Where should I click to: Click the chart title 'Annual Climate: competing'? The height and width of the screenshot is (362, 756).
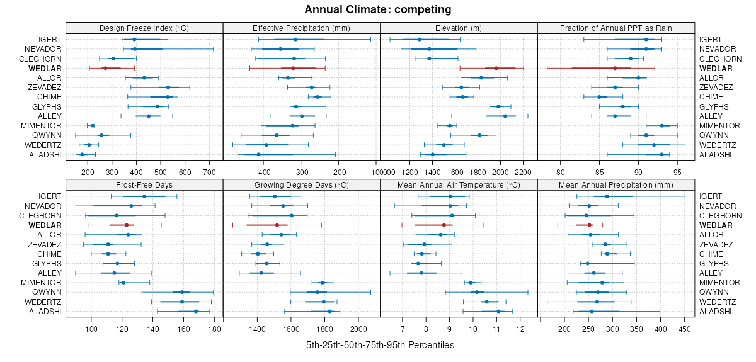[x=377, y=9]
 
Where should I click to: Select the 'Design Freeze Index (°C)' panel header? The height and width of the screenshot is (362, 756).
[x=144, y=28]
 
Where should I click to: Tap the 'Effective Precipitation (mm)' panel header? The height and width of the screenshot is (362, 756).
[x=301, y=28]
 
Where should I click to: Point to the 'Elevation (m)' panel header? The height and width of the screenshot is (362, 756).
[x=459, y=28]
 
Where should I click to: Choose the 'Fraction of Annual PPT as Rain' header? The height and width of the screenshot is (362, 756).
[x=616, y=28]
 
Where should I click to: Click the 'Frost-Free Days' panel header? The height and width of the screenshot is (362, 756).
[x=144, y=185]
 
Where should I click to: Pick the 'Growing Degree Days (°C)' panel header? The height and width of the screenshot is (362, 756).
[x=301, y=185]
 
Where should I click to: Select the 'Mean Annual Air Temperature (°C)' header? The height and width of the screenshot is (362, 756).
[x=459, y=185]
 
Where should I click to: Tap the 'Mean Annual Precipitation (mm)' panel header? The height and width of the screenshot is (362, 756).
[x=616, y=185]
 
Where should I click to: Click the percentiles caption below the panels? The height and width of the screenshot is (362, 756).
[x=380, y=346]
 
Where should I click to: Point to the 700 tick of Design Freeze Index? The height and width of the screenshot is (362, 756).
[x=209, y=171]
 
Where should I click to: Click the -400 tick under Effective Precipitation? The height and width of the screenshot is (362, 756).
[x=263, y=171]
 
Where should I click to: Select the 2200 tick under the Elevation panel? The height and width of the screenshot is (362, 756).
[x=524, y=171]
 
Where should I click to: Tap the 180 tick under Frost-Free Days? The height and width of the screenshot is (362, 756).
[x=214, y=329]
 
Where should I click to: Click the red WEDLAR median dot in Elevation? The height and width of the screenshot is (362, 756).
[x=496, y=68]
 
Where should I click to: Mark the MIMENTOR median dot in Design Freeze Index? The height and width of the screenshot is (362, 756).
[x=93, y=125]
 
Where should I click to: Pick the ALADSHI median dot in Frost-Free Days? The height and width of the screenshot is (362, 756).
[x=196, y=311]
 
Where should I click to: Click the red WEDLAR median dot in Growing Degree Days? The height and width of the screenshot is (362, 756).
[x=277, y=225]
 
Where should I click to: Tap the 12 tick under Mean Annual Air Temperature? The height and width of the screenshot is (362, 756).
[x=520, y=329]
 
